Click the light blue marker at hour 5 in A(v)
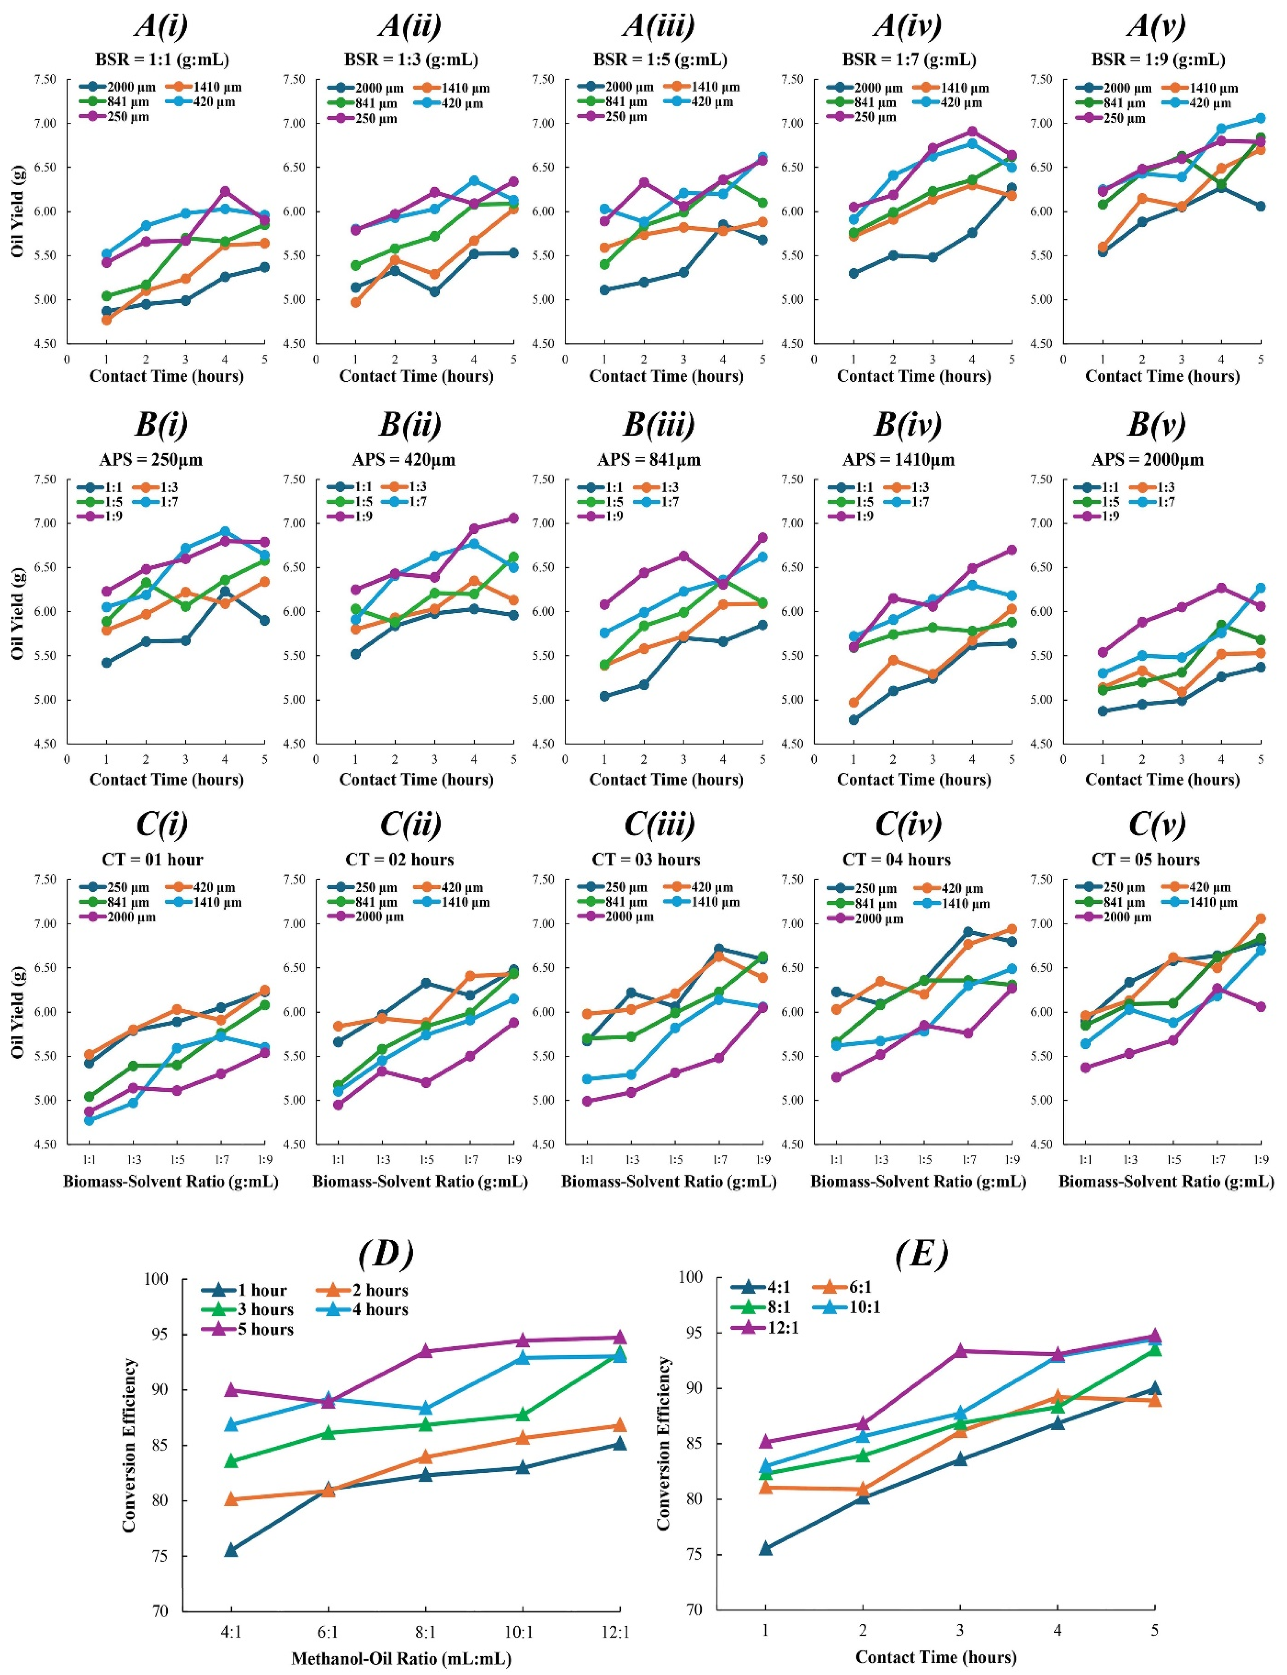click(x=1260, y=118)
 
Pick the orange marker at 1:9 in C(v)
click(x=1260, y=918)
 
